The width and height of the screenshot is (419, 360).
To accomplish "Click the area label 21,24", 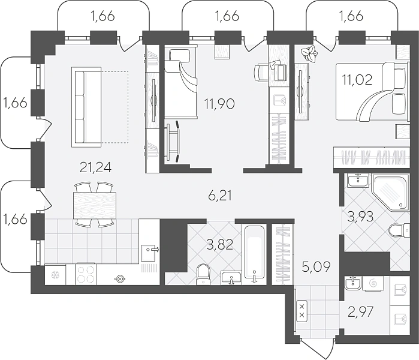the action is pyautogui.click(x=95, y=168).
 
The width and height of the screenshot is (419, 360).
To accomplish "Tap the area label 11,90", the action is pyautogui.click(x=219, y=104).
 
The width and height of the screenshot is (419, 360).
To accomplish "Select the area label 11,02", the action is pyautogui.click(x=357, y=80).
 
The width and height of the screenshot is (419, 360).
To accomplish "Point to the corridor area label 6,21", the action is pyautogui.click(x=219, y=196).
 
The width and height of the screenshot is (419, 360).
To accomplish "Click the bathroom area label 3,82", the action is pyautogui.click(x=220, y=244).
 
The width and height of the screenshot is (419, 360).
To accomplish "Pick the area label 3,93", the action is pyautogui.click(x=360, y=217).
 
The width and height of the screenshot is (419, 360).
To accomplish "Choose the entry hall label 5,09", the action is pyautogui.click(x=316, y=266).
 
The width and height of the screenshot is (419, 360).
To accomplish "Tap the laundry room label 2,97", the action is pyautogui.click(x=360, y=312).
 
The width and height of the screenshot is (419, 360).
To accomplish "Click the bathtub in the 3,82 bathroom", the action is pyautogui.click(x=254, y=254).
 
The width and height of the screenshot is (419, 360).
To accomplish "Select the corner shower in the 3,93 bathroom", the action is pyautogui.click(x=390, y=192).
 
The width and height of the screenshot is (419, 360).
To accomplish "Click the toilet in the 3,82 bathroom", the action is pyautogui.click(x=203, y=274).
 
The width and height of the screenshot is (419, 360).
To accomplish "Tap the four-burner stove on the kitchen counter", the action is pyautogui.click(x=86, y=274).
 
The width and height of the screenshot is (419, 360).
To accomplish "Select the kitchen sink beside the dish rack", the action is pyautogui.click(x=149, y=253).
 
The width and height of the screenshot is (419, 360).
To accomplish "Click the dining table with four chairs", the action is pyautogui.click(x=95, y=205).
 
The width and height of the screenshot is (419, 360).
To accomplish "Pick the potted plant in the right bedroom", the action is pyautogui.click(x=309, y=54).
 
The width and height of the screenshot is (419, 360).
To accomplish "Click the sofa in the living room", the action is pyautogui.click(x=86, y=107).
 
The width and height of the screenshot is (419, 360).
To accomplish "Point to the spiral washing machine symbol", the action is pyautogui.click(x=373, y=283).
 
